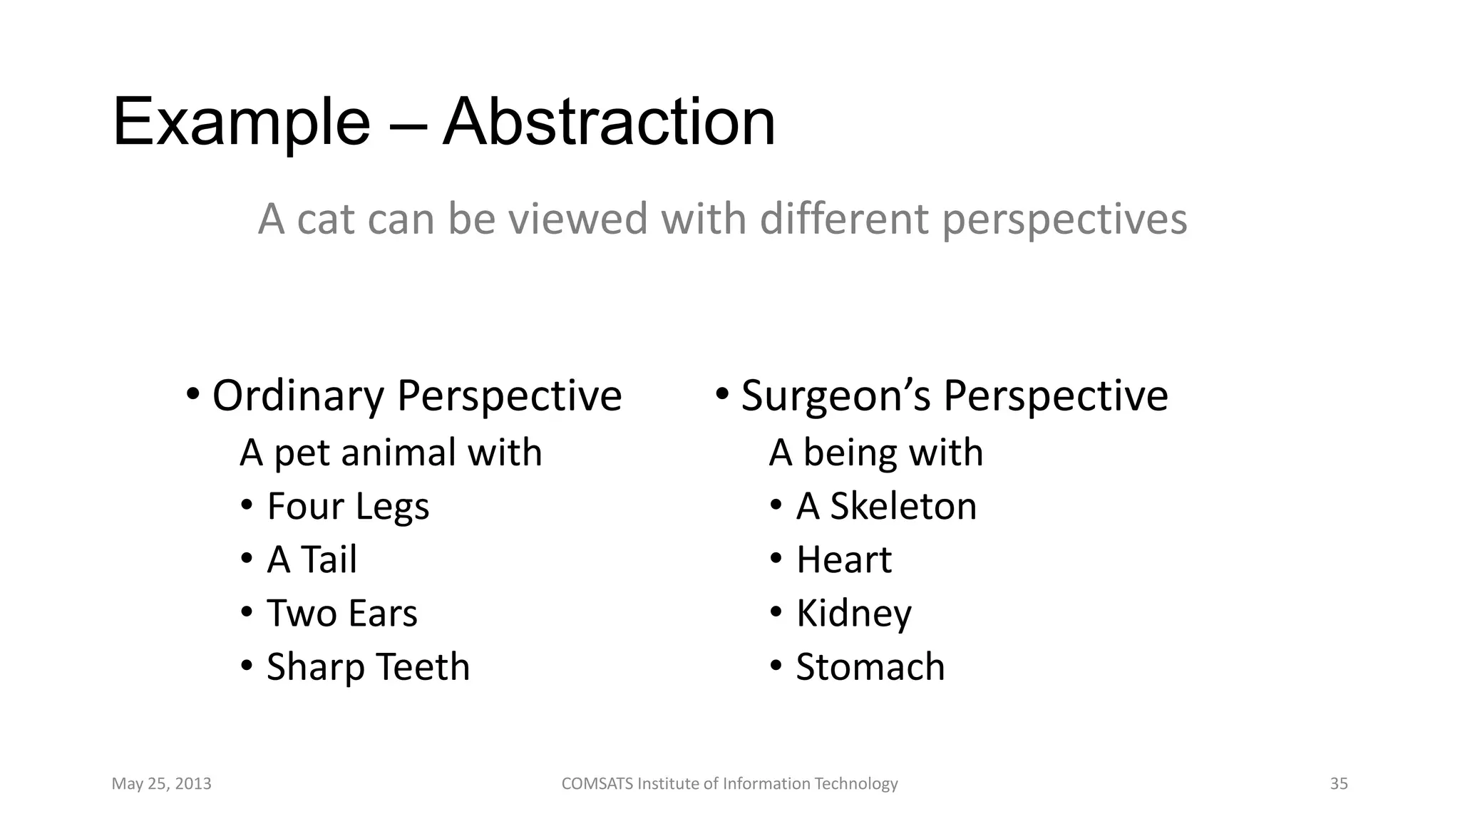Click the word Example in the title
pyautogui.click(x=241, y=123)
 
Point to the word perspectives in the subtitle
pyautogui.click(x=1064, y=219)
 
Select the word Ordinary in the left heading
pyautogui.click(x=298, y=396)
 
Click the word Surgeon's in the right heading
pyautogui.click(x=836, y=396)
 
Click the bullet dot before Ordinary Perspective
pyautogui.click(x=192, y=394)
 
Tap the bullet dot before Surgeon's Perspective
pyautogui.click(x=721, y=394)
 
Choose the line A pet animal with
pyautogui.click(x=391, y=453)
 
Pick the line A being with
pyautogui.click(x=876, y=453)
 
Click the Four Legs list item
pyautogui.click(x=348, y=507)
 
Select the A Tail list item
pyautogui.click(x=312, y=560)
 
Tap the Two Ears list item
pyautogui.click(x=341, y=614)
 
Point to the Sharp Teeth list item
pyautogui.click(x=368, y=667)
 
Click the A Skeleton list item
pyautogui.click(x=886, y=507)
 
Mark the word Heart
pyautogui.click(x=843, y=560)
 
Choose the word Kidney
pyautogui.click(x=853, y=614)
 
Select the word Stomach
pyautogui.click(x=870, y=667)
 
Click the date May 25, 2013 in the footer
pyautogui.click(x=161, y=784)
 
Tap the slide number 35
pyautogui.click(x=1339, y=784)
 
